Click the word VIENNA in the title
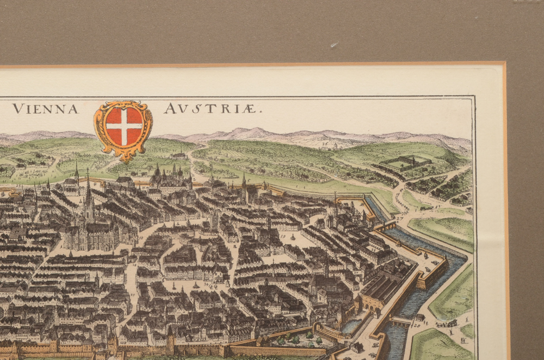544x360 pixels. pyautogui.click(x=45, y=109)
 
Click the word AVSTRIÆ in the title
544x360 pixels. pyautogui.click(x=213, y=109)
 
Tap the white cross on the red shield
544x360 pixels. pyautogui.click(x=124, y=126)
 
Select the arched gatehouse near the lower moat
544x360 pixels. pyautogui.click(x=370, y=302)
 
